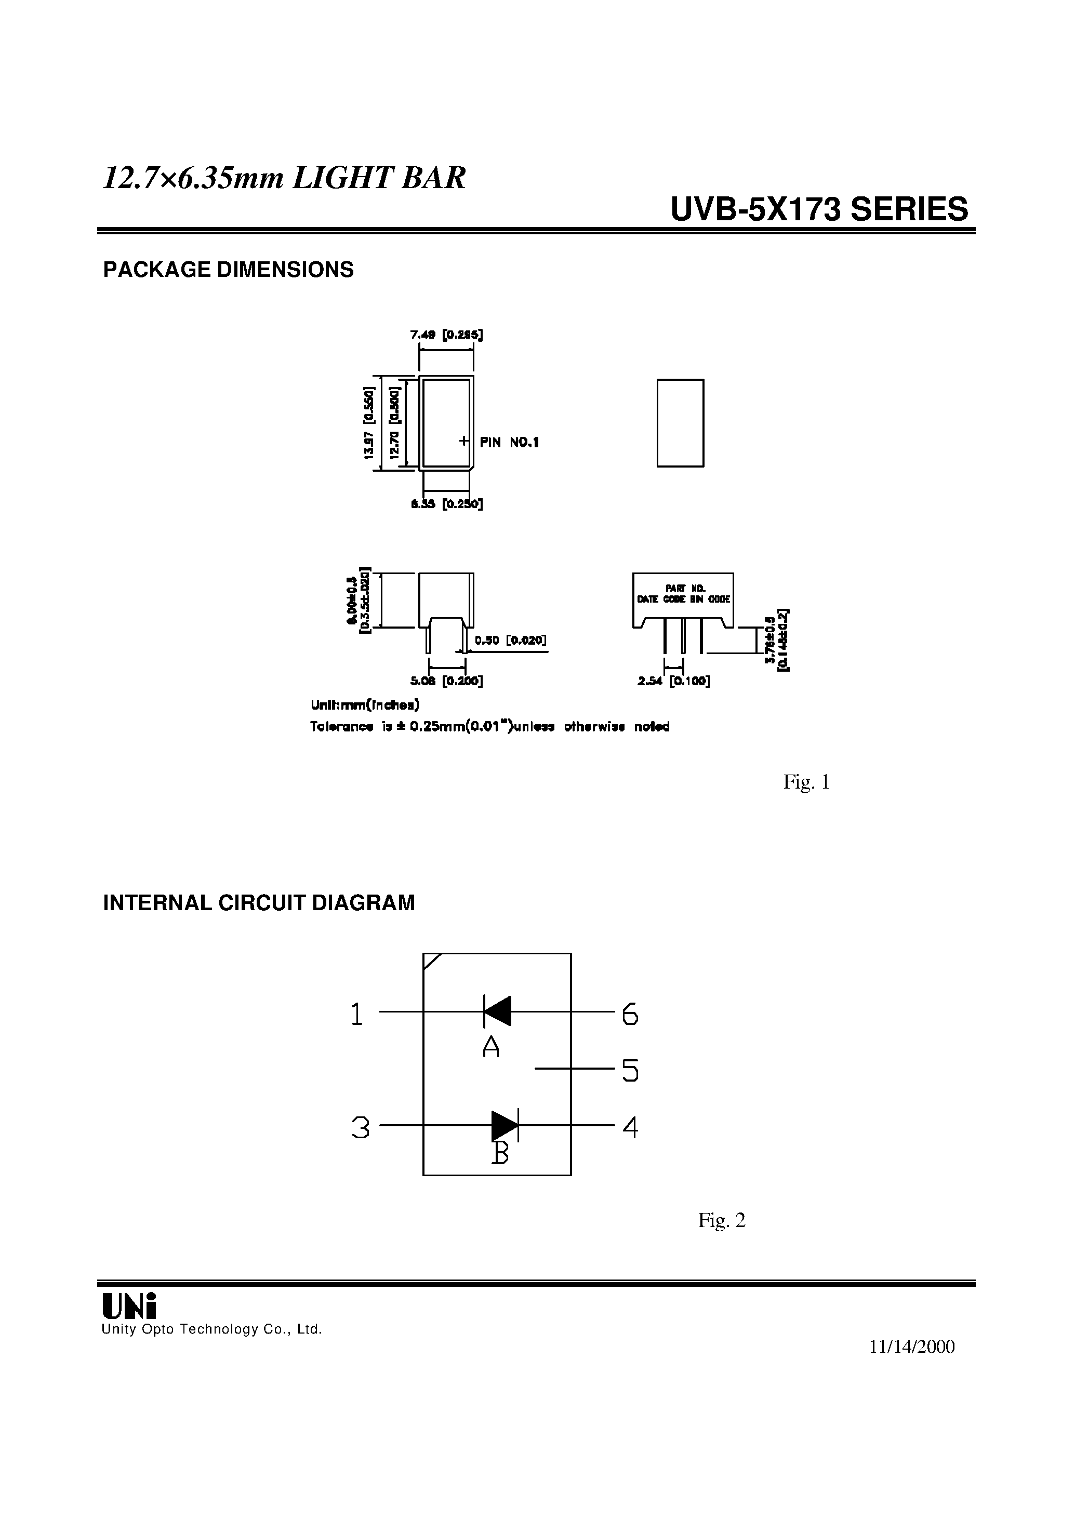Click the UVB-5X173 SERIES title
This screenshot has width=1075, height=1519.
point(819,210)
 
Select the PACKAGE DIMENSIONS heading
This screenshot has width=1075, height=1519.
point(229,270)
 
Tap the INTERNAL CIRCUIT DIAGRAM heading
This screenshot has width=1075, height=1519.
point(259,903)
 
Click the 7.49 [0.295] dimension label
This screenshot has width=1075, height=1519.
point(446,335)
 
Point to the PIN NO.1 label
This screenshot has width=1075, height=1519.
point(509,443)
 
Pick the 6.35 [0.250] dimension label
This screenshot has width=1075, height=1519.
point(446,504)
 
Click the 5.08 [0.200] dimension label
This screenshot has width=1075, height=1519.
point(446,681)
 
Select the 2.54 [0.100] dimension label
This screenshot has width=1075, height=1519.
point(674,681)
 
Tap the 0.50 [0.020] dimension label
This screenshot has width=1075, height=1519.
point(510,640)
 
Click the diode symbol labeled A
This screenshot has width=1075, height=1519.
point(497,1011)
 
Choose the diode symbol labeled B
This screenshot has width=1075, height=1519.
point(505,1125)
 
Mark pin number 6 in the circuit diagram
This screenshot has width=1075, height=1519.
point(630,1014)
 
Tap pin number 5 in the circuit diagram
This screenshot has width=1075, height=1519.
point(630,1070)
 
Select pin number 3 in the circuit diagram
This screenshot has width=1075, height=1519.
point(360,1127)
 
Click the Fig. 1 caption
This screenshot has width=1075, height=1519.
point(806,782)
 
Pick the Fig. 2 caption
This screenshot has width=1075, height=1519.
point(722,1220)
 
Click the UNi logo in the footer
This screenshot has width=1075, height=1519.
point(129,1307)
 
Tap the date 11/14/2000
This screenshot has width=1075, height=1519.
point(911,1347)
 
